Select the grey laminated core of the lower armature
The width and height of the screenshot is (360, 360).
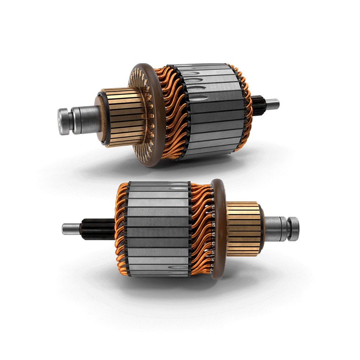pyautogui.click(x=158, y=231)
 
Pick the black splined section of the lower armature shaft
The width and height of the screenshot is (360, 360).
pyautogui.click(x=97, y=229)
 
